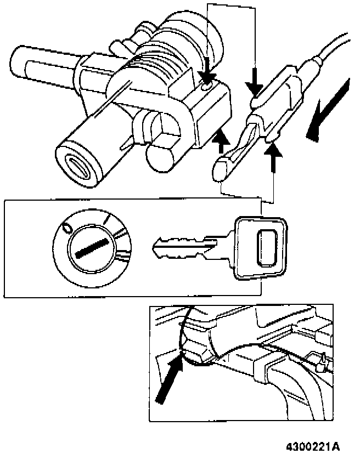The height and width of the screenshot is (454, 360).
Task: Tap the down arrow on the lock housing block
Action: (208, 73)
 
